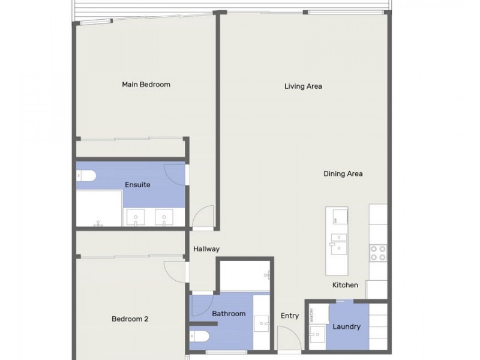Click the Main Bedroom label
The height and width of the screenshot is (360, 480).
click(x=146, y=85)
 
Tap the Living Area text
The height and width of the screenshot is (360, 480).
click(x=303, y=86)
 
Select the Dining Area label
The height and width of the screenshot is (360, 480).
click(x=343, y=174)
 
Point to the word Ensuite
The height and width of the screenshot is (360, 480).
click(x=137, y=185)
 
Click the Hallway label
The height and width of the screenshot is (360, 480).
click(x=206, y=249)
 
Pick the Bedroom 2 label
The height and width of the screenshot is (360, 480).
click(x=130, y=319)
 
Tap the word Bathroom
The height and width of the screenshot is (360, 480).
click(x=229, y=314)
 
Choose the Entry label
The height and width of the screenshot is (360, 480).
click(x=290, y=316)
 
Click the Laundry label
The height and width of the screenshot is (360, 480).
click(x=346, y=327)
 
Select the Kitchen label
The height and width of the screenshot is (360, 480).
click(x=346, y=285)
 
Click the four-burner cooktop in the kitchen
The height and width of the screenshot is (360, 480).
click(x=378, y=253)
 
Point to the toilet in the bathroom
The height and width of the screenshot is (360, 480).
click(x=199, y=335)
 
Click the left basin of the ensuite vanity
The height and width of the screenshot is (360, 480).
click(x=136, y=217)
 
